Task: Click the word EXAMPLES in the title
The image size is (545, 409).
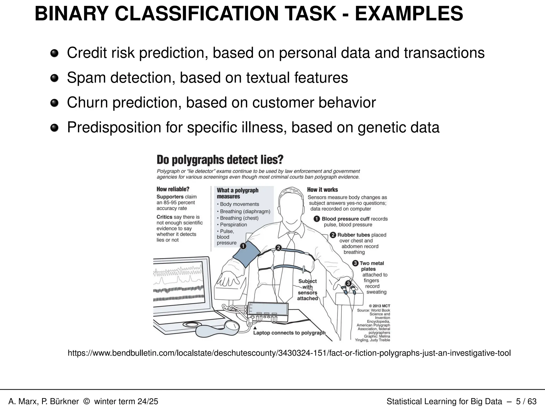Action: pos(409,14)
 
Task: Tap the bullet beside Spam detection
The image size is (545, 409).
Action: pos(54,78)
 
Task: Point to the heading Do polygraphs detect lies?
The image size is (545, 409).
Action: pos(220,160)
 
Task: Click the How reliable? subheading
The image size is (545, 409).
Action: pos(173,189)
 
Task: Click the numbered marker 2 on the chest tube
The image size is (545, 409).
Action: pos(278,248)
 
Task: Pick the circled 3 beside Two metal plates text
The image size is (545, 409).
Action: pos(355,263)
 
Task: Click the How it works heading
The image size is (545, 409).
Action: pos(322,190)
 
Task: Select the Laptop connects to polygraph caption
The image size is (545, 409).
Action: pos(289,333)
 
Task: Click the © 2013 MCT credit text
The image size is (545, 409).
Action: pos(379,306)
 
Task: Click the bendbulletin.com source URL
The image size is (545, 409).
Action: pos(289,353)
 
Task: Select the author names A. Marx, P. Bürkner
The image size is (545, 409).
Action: pos(44,401)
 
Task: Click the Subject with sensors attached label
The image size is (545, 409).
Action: pos(308,290)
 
